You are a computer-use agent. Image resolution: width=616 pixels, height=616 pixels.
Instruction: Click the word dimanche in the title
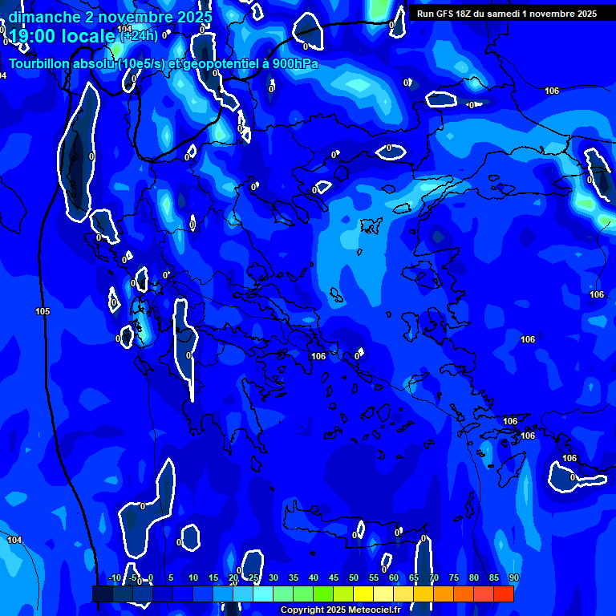(44, 17)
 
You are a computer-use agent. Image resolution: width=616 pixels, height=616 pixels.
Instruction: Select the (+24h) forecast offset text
(139, 35)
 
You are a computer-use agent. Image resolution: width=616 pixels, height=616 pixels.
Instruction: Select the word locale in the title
(90, 36)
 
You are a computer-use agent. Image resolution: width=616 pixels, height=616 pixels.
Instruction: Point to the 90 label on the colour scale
(513, 577)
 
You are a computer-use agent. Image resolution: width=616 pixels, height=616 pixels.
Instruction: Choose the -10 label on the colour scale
(114, 577)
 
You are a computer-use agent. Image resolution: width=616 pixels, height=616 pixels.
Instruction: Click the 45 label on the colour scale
(334, 577)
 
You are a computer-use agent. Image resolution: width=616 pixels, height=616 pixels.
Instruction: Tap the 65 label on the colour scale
(414, 577)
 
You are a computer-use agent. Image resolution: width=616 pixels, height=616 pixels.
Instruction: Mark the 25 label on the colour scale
(253, 577)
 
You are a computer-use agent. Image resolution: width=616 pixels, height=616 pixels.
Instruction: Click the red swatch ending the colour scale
(504, 594)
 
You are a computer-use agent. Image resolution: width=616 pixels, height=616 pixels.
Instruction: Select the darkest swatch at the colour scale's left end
(102, 594)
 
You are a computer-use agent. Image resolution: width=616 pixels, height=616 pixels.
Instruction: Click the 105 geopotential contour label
(43, 311)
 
